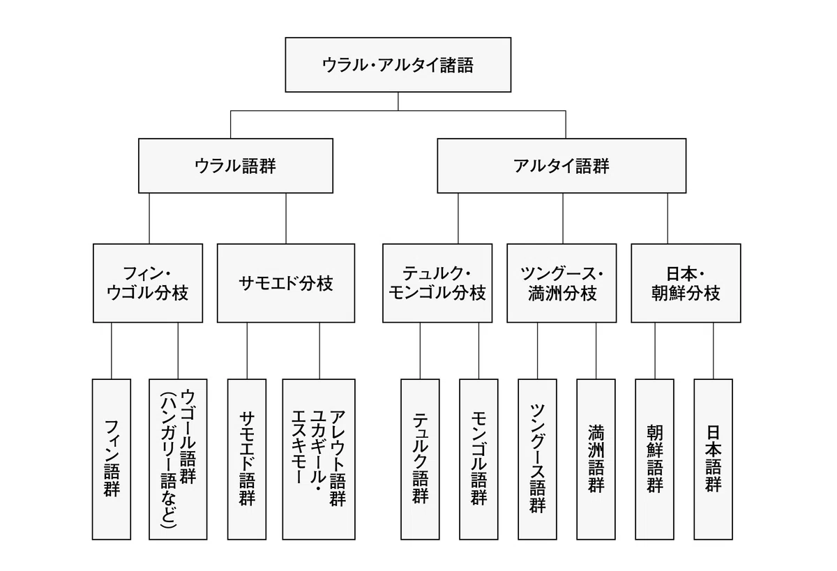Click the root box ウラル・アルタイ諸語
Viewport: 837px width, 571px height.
pyautogui.click(x=398, y=65)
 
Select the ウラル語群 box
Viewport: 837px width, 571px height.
pyautogui.click(x=236, y=166)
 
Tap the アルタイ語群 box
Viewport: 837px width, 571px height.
pyautogui.click(x=561, y=166)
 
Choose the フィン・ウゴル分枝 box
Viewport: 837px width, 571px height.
pyautogui.click(x=148, y=283)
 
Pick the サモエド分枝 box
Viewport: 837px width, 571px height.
pyautogui.click(x=286, y=283)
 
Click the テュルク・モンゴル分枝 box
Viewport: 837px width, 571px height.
pyautogui.click(x=437, y=283)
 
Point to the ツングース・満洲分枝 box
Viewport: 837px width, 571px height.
pyautogui.click(x=561, y=283)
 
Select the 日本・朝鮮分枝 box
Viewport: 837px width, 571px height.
pyautogui.click(x=686, y=283)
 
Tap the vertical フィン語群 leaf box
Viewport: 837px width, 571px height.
pyautogui.click(x=112, y=459)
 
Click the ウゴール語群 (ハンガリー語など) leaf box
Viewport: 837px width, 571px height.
pyautogui.click(x=178, y=459)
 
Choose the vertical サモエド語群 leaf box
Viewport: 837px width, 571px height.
pyautogui.click(x=247, y=459)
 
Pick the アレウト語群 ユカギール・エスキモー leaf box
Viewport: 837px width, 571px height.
pyautogui.click(x=319, y=459)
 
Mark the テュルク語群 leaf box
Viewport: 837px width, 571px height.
pyautogui.click(x=420, y=459)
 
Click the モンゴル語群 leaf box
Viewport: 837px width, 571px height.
pyautogui.click(x=478, y=459)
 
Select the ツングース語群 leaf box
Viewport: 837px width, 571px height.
pyautogui.click(x=537, y=459)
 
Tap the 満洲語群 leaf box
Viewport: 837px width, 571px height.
pyautogui.click(x=596, y=459)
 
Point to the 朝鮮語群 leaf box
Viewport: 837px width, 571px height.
pyautogui.click(x=655, y=459)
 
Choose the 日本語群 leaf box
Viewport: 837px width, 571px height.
pyautogui.click(x=714, y=459)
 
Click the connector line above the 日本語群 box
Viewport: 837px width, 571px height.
pyautogui.click(x=714, y=351)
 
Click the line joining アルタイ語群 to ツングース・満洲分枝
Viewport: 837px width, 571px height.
pyautogui.click(x=563, y=218)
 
